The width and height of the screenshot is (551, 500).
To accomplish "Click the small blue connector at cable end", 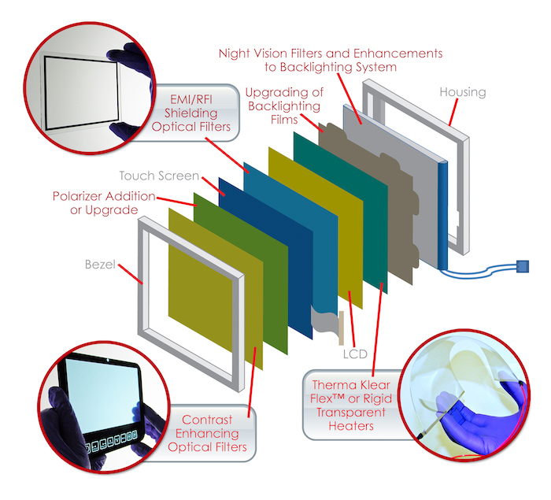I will coord(523,265).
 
